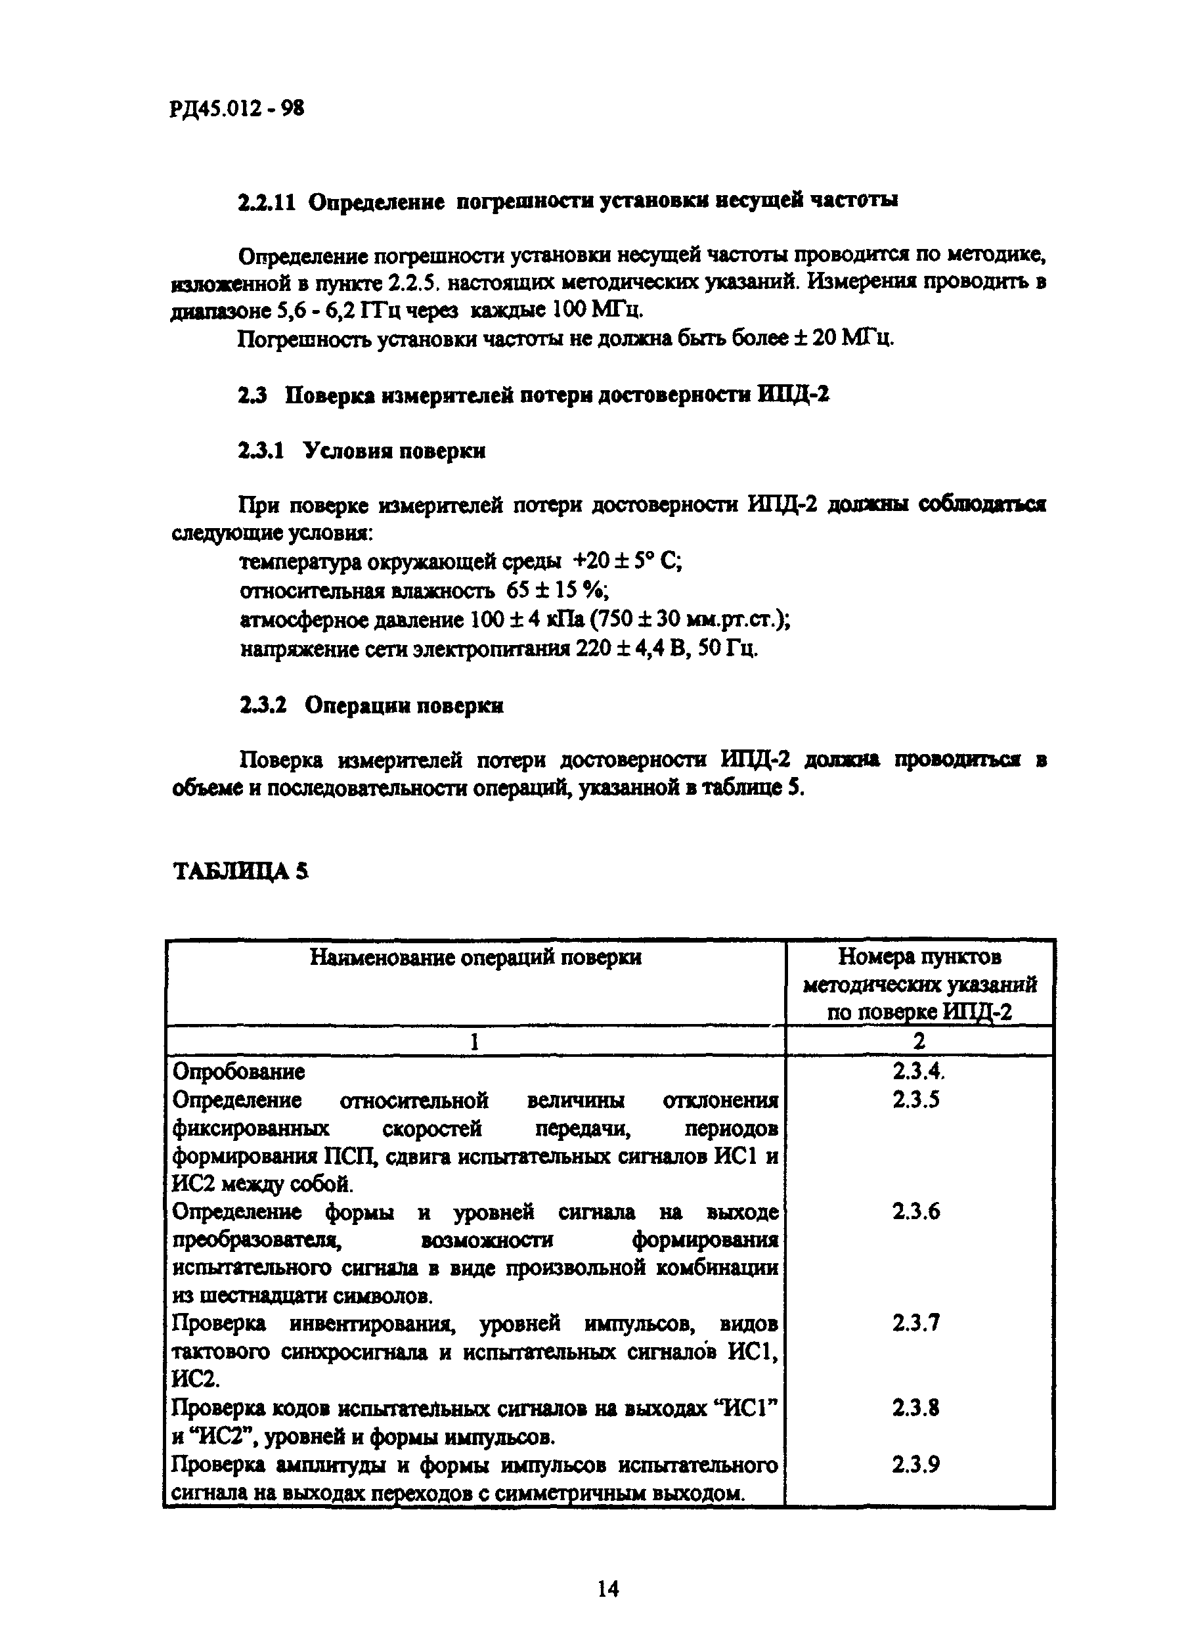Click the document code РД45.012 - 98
(237, 109)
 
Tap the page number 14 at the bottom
(607, 1589)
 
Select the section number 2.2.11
(267, 201)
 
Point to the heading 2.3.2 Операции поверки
(371, 705)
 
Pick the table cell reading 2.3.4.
(919, 1071)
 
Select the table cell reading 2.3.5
(916, 1100)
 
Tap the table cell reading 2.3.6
(916, 1211)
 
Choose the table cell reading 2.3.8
(916, 1408)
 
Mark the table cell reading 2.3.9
(916, 1464)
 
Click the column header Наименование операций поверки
(476, 958)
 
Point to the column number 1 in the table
(474, 1042)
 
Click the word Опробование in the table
(238, 1071)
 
